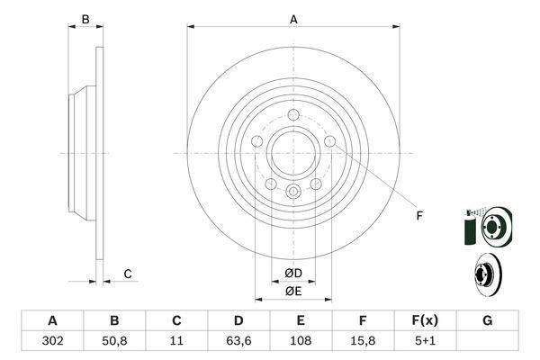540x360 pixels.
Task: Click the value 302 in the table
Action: coord(53,341)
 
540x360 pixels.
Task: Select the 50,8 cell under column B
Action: coord(114,341)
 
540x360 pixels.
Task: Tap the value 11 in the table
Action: coord(176,341)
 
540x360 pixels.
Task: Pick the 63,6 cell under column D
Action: coord(238,341)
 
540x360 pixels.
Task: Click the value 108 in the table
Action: coord(301,341)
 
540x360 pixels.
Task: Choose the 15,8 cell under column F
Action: coord(363,341)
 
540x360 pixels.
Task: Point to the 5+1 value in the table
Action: coord(425,341)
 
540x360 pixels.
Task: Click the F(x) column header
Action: coord(425,320)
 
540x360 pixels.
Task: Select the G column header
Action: coord(487,320)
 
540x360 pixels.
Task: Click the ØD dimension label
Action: coord(293,274)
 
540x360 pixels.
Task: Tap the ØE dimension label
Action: coord(293,292)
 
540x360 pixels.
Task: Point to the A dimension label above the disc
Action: coord(293,20)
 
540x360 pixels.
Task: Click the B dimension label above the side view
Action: coord(85,19)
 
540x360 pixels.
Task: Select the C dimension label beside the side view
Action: coord(128,274)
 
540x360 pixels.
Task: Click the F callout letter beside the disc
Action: coord(419,216)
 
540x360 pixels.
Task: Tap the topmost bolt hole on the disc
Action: coord(293,114)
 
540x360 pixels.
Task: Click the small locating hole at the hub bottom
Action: coord(293,191)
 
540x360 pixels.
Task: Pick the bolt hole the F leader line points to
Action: coord(330,141)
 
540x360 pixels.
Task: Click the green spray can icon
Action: coord(471,228)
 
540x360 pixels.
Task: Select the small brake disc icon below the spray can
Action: coord(489,275)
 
